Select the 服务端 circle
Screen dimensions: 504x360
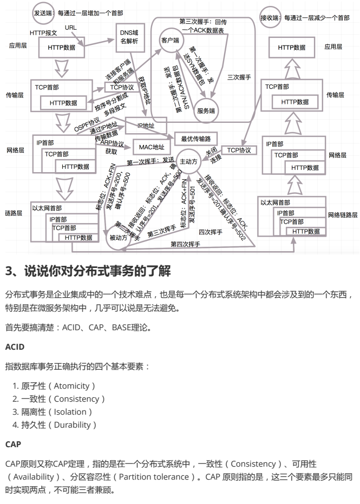point(206,110)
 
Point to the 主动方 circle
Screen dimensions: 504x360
point(189,161)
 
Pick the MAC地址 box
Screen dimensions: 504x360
point(151,146)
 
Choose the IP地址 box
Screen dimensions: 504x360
point(145,125)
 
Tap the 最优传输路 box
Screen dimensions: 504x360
point(195,138)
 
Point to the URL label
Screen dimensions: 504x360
point(71,28)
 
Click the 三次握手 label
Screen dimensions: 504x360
point(239,78)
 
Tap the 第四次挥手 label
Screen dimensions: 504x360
point(186,245)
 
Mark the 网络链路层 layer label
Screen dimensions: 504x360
point(343,215)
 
